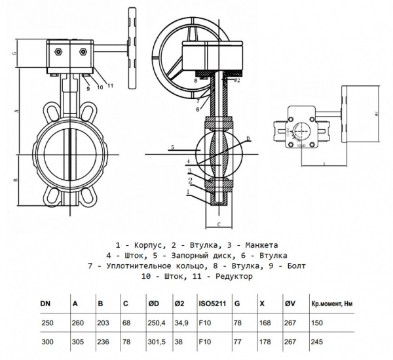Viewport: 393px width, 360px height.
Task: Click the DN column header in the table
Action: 45,304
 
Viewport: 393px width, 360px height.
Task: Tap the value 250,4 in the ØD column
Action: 157,323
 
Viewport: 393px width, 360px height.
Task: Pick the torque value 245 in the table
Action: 318,342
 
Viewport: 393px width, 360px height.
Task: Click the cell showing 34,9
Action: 181,323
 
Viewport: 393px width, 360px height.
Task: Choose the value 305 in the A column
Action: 77,342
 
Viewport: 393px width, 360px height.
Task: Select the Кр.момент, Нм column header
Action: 332,304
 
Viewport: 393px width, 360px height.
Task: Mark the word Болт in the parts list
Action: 292,266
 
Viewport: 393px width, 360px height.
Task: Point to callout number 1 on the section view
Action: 189,191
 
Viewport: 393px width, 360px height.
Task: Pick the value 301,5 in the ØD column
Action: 157,342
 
